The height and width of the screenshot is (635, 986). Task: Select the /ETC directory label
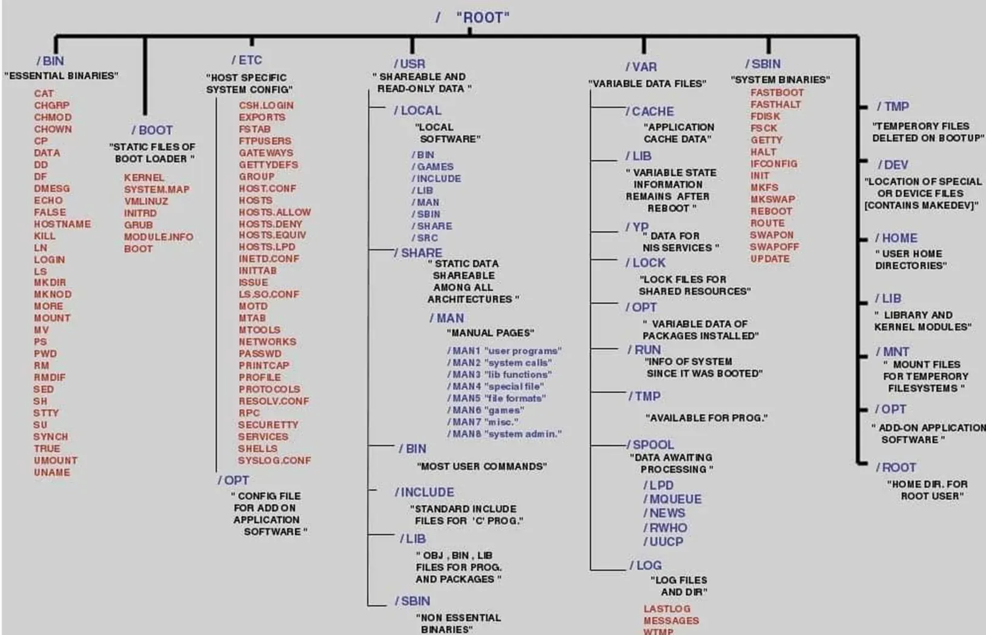(x=247, y=60)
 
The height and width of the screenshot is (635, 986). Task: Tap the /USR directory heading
(x=410, y=64)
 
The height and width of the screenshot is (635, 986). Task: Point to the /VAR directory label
(x=641, y=67)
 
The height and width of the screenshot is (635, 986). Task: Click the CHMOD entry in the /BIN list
(x=53, y=117)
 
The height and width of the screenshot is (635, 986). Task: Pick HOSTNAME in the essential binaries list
(x=62, y=224)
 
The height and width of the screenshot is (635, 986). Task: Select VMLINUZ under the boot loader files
(x=146, y=201)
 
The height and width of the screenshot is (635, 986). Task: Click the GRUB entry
(x=138, y=225)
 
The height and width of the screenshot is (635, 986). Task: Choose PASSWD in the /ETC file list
(x=260, y=354)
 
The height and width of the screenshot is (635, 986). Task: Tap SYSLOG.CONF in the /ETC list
(x=274, y=461)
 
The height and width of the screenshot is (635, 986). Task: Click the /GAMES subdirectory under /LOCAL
(x=432, y=166)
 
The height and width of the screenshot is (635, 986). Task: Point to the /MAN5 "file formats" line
(x=497, y=398)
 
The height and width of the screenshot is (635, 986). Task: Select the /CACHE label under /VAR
(x=650, y=111)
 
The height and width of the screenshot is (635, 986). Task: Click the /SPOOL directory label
(x=650, y=444)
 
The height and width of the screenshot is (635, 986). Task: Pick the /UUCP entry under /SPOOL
(x=663, y=542)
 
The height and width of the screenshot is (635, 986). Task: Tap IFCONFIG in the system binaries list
(x=774, y=163)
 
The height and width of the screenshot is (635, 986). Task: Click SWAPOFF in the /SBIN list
(x=775, y=247)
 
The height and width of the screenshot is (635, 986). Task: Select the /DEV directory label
(x=893, y=165)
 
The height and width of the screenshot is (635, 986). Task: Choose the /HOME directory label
(x=896, y=238)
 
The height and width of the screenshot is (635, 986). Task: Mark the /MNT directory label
(x=893, y=352)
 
